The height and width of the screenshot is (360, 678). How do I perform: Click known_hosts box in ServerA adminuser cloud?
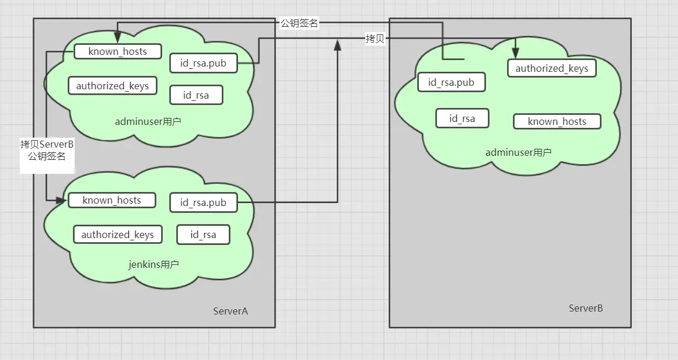(x=117, y=51)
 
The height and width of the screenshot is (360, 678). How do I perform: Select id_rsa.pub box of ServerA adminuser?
(x=203, y=63)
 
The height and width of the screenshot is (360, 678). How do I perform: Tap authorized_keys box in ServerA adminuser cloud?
(x=113, y=86)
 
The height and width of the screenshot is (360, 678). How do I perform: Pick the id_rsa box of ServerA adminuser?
(x=196, y=95)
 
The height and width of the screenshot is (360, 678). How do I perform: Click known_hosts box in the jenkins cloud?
(x=112, y=200)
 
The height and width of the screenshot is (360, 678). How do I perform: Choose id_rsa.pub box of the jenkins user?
(x=203, y=202)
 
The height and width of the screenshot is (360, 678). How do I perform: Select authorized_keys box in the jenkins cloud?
(x=117, y=235)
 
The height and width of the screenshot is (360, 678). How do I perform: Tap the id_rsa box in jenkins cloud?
(x=203, y=235)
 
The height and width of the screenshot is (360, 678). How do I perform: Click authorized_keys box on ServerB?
(x=551, y=68)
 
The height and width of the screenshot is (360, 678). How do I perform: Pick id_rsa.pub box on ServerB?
(x=451, y=82)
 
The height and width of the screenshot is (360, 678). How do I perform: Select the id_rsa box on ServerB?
(x=462, y=118)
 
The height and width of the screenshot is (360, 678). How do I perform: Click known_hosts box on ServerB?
(x=557, y=121)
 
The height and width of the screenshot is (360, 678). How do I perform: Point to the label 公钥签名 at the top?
(x=299, y=23)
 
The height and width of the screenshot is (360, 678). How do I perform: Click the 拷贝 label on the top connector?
(x=375, y=39)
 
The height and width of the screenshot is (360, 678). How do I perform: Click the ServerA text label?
(x=230, y=311)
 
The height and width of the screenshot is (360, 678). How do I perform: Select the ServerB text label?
(x=585, y=307)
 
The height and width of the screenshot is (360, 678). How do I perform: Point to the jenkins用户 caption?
(x=153, y=264)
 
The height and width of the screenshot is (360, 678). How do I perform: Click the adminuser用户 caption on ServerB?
(x=518, y=152)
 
